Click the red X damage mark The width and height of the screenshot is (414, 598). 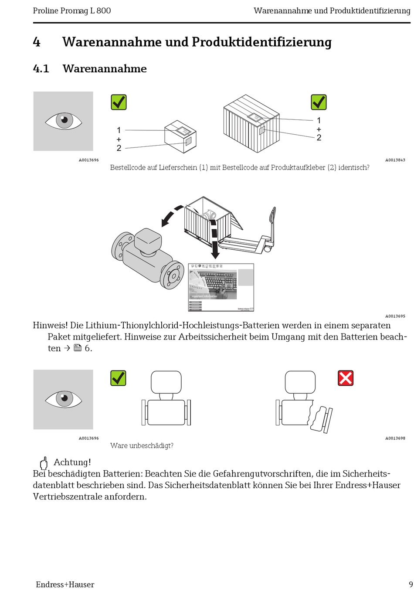pos(346,378)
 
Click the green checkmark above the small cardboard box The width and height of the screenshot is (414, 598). pos(119,102)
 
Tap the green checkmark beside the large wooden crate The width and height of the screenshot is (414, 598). pos(319,102)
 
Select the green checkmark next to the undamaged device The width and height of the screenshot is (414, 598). pos(118,378)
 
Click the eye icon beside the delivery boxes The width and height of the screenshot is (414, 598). pos(64,121)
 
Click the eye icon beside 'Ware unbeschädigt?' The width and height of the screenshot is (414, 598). pos(64,399)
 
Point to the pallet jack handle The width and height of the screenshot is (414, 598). pos(272,218)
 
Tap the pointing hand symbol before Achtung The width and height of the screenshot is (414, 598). pos(44,463)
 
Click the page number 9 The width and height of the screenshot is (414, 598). pos(411,584)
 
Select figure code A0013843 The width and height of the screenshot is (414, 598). pos(395,160)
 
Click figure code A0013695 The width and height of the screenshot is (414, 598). pos(395,316)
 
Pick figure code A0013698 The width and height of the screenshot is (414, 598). pos(395,438)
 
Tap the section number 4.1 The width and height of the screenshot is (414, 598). pos(41,68)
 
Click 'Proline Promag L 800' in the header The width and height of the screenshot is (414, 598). pos(72,10)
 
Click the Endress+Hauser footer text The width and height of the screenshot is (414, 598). pos(65,584)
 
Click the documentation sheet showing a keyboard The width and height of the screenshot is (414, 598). pos(221,287)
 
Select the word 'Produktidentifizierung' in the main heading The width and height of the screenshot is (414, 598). pos(261,42)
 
